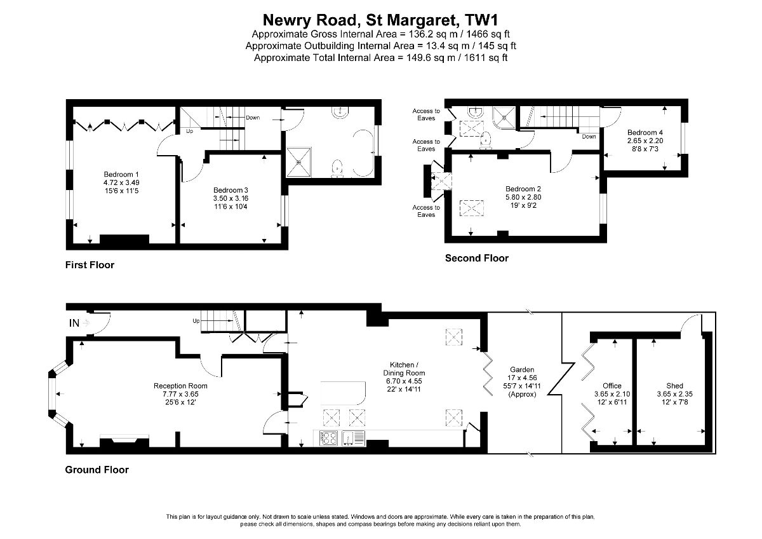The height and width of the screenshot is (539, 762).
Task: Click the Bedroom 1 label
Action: [121, 174]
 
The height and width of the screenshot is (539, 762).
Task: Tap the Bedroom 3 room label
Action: [231, 190]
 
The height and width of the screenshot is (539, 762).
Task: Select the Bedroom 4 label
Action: [645, 132]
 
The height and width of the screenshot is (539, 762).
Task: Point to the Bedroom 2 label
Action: [523, 189]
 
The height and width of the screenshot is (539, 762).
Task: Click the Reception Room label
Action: [180, 386]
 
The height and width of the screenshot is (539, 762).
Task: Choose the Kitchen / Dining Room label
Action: [404, 369]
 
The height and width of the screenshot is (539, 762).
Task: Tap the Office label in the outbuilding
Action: [612, 386]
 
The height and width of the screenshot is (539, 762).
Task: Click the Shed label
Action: [674, 386]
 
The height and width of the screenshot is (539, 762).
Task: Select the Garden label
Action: [522, 369]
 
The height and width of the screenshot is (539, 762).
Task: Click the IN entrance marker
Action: [74, 323]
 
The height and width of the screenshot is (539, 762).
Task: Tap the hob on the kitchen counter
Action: [328, 439]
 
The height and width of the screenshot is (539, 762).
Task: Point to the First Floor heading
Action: [90, 265]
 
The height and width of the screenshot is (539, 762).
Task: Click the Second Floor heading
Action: [477, 258]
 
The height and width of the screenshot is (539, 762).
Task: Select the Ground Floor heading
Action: [97, 470]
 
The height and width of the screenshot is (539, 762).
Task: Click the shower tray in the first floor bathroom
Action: [298, 163]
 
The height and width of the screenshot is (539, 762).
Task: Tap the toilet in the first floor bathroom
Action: [337, 168]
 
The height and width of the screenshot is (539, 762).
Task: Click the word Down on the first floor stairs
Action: [253, 118]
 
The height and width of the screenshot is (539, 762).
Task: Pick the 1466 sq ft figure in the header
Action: [488, 34]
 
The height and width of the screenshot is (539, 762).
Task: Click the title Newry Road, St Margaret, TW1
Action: [380, 20]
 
